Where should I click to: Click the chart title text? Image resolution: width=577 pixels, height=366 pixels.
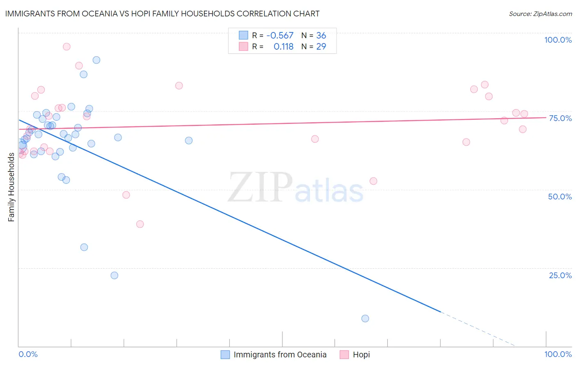click(x=162, y=14)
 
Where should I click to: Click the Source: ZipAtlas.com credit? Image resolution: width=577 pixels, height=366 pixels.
click(x=540, y=14)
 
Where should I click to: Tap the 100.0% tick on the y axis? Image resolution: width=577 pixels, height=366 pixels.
click(x=558, y=40)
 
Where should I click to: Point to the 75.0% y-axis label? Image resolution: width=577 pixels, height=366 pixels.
click(x=560, y=118)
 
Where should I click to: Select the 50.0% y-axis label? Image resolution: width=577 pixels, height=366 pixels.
click(x=560, y=197)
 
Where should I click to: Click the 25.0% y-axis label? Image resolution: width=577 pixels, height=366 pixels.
click(x=560, y=275)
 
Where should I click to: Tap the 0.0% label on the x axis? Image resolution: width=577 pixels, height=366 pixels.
click(x=28, y=354)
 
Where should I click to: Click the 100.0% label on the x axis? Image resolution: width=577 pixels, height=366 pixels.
click(x=558, y=354)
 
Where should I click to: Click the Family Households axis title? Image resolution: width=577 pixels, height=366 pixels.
click(x=11, y=187)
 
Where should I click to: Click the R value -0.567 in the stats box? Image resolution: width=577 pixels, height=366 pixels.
click(x=280, y=36)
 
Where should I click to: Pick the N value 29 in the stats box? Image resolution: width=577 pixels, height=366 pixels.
click(x=321, y=47)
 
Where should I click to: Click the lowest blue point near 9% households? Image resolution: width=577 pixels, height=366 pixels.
click(x=365, y=318)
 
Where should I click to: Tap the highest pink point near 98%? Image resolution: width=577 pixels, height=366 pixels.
click(x=66, y=47)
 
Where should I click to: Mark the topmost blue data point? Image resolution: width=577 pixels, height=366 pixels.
click(x=96, y=60)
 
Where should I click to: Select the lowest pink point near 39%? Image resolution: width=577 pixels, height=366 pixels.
click(x=140, y=224)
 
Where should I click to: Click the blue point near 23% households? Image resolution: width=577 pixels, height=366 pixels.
click(x=114, y=275)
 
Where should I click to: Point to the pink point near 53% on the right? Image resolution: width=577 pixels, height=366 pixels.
click(x=373, y=181)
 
